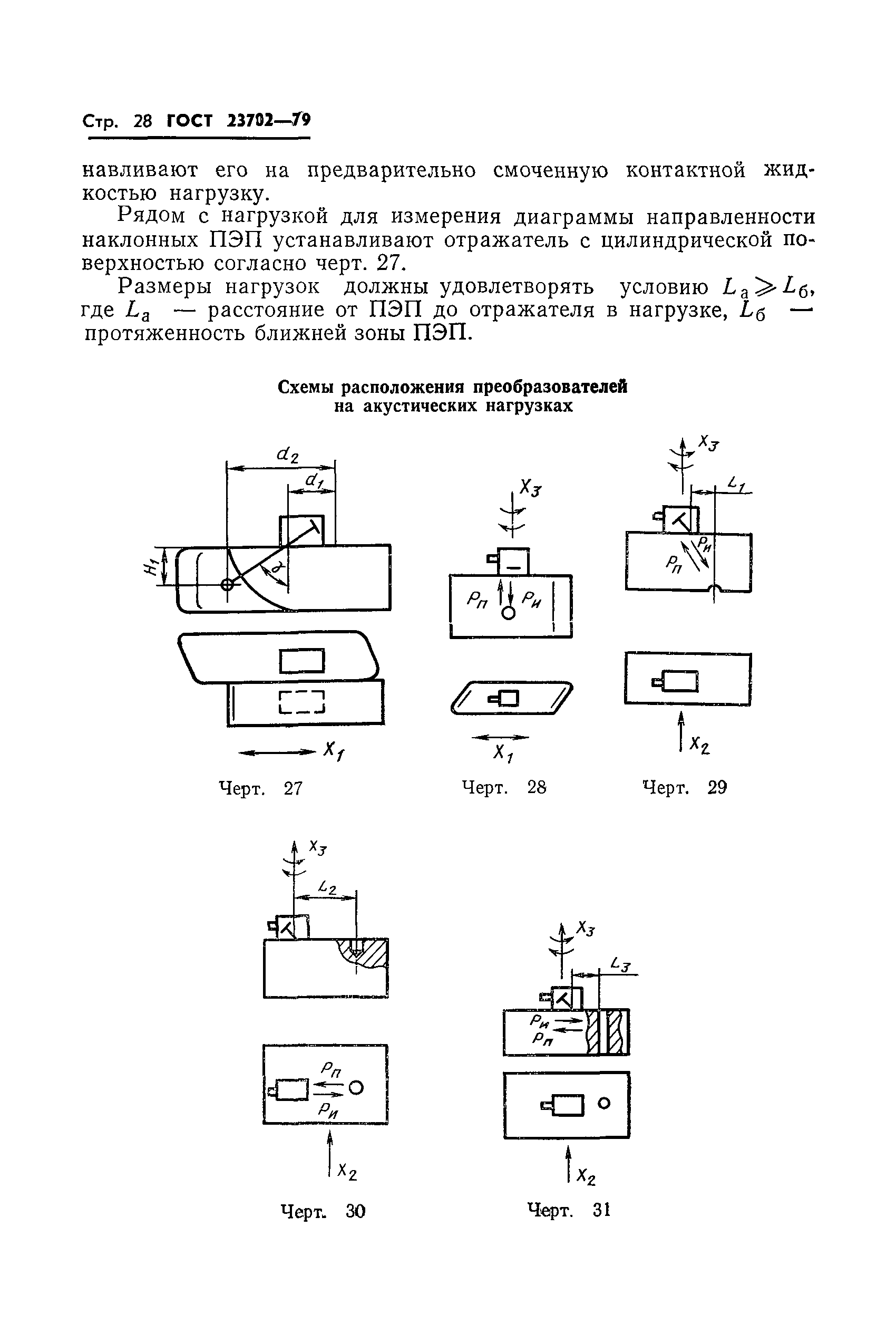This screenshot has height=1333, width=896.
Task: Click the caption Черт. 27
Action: (x=261, y=789)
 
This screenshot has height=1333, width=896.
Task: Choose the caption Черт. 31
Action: (x=569, y=1210)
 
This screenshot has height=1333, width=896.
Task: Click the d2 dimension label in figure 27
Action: (x=287, y=456)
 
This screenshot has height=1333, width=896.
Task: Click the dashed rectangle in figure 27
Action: (x=301, y=702)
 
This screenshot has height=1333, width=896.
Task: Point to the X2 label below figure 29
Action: (x=699, y=744)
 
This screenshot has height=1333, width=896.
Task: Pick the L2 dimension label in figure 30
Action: (x=327, y=888)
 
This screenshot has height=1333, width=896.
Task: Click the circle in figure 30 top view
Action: (x=356, y=1087)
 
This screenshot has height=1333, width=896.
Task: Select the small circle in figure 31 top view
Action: (x=603, y=1103)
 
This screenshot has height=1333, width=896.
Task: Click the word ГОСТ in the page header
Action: (x=189, y=121)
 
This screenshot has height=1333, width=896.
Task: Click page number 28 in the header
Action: (x=143, y=122)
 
